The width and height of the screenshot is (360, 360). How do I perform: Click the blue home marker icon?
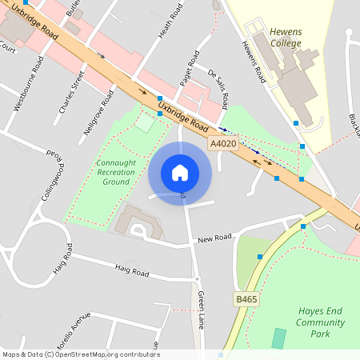[x=180, y=173]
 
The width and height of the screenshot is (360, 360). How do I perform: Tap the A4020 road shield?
[x=223, y=143]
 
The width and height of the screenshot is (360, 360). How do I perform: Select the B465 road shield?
[x=246, y=298]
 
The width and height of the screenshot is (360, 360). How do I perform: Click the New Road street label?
[x=214, y=238]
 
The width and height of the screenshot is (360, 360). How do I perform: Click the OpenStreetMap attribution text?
[x=80, y=354]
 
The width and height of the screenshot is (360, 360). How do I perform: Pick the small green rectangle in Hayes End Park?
[x=278, y=338]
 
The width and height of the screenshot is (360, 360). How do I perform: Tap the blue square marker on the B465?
[x=260, y=256]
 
